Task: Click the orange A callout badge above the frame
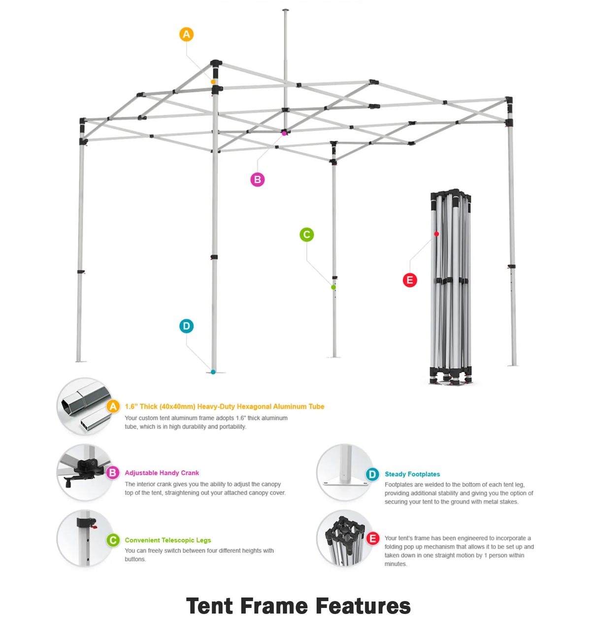tap(186, 35)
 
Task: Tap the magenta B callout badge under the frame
tap(257, 179)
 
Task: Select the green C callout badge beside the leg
tap(306, 235)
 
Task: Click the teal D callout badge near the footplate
tap(186, 326)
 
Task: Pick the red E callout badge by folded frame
tap(409, 281)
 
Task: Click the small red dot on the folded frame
tap(436, 234)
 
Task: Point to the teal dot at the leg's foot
tap(213, 372)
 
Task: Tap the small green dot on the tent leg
tap(333, 287)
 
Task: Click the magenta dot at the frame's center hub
tap(284, 133)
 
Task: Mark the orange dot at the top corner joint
tap(213, 82)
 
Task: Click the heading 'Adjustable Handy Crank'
tap(162, 473)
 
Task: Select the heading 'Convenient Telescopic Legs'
tap(167, 540)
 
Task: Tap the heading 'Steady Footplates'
tap(412, 474)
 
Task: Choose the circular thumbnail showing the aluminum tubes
tap(85, 407)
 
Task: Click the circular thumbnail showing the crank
tap(85, 473)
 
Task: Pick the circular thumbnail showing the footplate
tap(344, 473)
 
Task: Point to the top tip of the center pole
tap(286, 10)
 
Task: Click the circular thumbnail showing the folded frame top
tap(344, 539)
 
